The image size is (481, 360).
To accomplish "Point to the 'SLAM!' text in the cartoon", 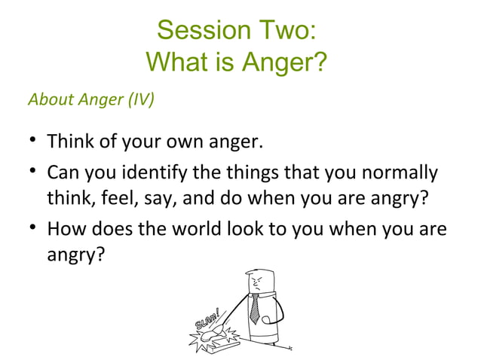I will click(x=208, y=319).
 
